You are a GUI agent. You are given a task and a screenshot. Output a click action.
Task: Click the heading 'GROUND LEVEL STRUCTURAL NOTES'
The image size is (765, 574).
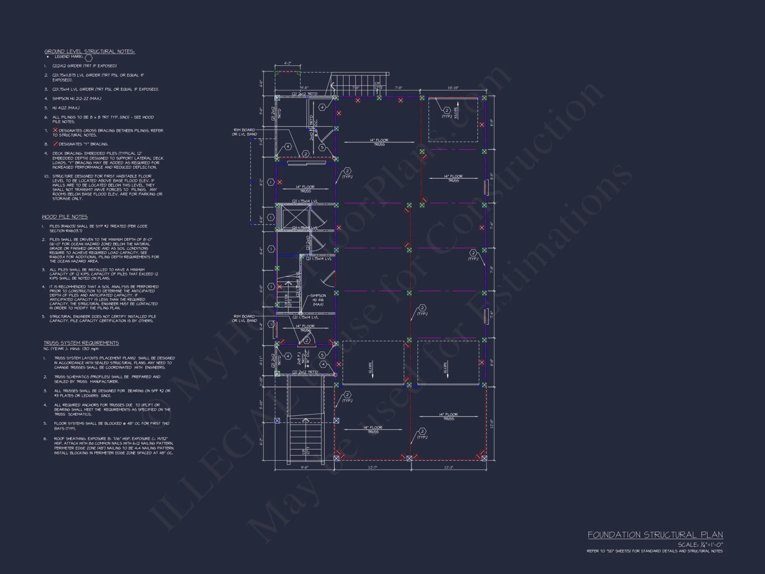90,51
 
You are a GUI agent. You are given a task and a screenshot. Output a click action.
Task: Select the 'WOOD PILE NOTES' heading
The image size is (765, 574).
65,217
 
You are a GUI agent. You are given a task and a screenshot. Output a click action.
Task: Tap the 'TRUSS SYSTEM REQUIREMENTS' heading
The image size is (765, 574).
81,343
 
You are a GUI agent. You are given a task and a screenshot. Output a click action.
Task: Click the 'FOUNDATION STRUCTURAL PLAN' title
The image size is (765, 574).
655,535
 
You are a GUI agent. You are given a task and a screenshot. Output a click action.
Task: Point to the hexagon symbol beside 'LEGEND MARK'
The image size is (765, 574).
88,58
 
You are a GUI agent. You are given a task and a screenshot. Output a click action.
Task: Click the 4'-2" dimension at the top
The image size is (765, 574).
287,64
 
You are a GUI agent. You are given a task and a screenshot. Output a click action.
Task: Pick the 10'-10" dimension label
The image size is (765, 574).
453,88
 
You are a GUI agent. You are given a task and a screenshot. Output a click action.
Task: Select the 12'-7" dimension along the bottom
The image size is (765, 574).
373,468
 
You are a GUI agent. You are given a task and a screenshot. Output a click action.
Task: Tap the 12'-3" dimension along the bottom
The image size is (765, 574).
449,468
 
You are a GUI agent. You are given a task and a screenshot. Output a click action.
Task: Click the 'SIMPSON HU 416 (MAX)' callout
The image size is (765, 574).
318,300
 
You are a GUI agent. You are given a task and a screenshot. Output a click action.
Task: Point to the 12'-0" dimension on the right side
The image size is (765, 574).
492,424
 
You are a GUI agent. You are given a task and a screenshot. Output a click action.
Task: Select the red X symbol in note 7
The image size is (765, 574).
55,130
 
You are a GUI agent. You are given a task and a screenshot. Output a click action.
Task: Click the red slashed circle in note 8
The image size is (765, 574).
55,144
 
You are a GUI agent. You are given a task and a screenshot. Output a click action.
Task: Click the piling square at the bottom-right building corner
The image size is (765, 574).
484,458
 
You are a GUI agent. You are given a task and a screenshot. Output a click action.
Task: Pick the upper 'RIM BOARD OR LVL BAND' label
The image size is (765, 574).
244,132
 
